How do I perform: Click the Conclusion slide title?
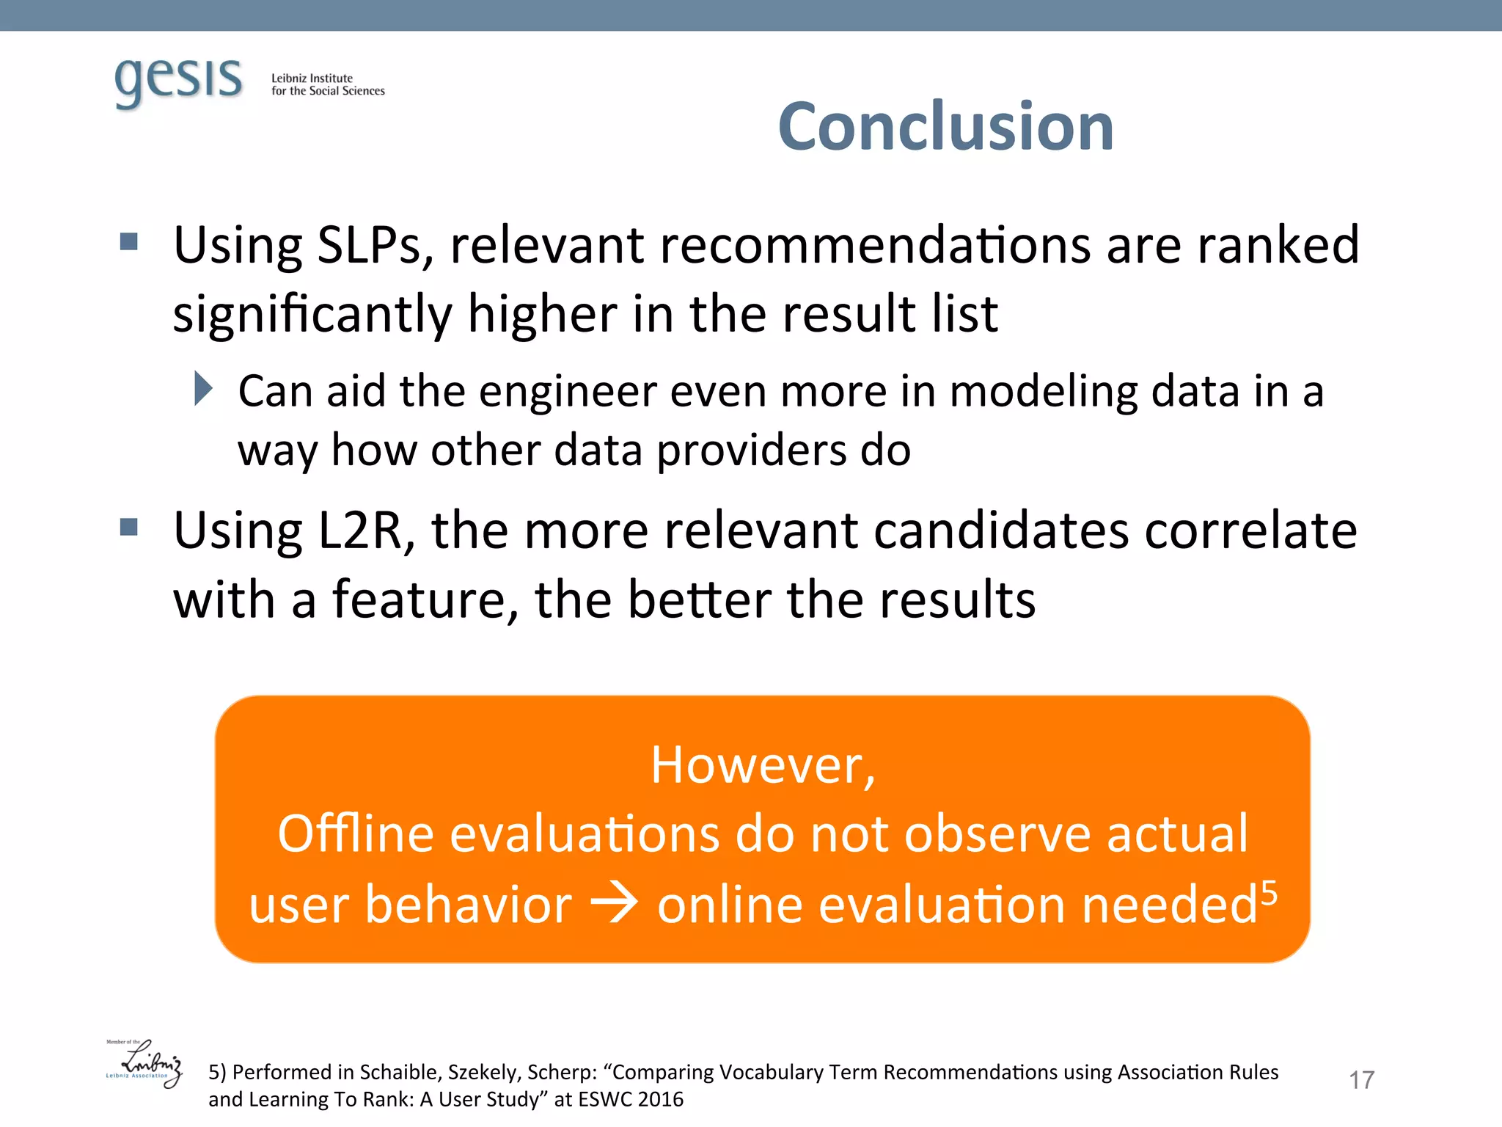945,127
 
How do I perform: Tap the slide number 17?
1361,1080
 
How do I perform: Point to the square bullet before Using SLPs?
129,241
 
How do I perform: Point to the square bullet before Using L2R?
129,527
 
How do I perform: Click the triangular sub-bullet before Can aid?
203,388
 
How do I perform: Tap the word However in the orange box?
763,765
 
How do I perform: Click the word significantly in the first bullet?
312,314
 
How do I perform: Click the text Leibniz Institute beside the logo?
312,78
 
